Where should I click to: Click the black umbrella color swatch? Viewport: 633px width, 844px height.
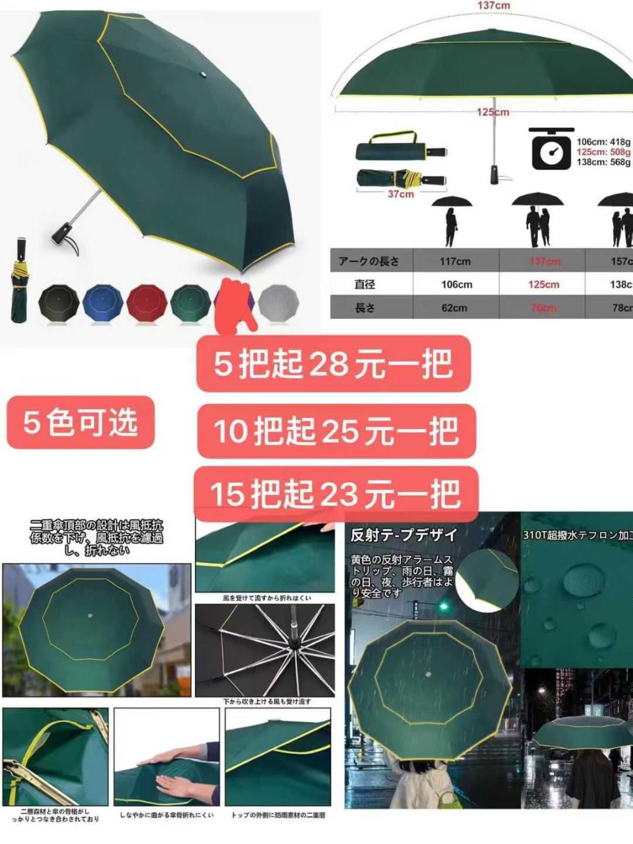pyautogui.click(x=59, y=303)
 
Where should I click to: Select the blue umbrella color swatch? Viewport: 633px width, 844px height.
pyautogui.click(x=102, y=303)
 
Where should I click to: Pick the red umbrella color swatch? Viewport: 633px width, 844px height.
pyautogui.click(x=146, y=303)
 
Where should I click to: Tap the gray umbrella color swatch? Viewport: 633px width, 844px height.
pyautogui.click(x=278, y=303)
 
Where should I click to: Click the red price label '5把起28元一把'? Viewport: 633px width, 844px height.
pyautogui.click(x=334, y=364)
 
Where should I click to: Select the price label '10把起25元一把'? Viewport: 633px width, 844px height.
pyautogui.click(x=336, y=431)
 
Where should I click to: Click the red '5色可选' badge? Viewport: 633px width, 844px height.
pyautogui.click(x=80, y=422)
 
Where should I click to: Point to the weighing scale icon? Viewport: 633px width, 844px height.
pyautogui.click(x=551, y=150)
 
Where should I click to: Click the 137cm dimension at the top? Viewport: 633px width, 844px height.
pyautogui.click(x=494, y=6)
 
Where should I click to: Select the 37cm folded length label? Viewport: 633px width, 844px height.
pyautogui.click(x=400, y=195)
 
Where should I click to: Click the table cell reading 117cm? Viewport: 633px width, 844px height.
pyautogui.click(x=455, y=261)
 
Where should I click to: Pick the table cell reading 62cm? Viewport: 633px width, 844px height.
pyautogui.click(x=454, y=308)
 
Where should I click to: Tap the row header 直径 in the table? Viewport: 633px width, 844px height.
pyautogui.click(x=365, y=284)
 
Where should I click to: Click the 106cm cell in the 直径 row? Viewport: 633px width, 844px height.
pyautogui.click(x=456, y=285)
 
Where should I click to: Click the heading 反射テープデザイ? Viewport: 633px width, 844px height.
pyautogui.click(x=404, y=535)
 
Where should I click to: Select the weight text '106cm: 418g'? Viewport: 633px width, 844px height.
pyautogui.click(x=603, y=142)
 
